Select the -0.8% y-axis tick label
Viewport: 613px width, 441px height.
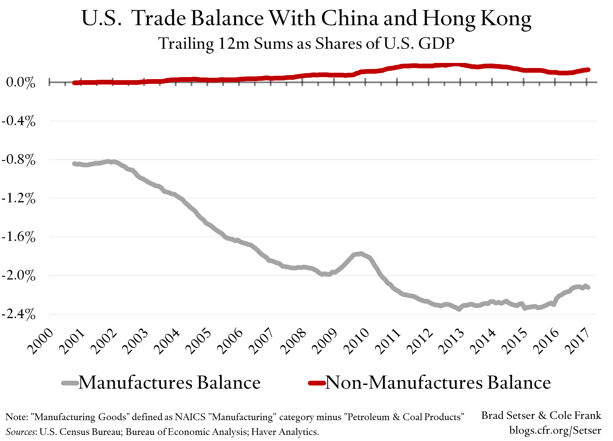19,160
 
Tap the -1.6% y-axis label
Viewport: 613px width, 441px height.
19,237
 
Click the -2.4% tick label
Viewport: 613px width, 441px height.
19,314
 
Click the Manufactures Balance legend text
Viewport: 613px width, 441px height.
169,383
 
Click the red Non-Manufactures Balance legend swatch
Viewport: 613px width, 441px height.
317,383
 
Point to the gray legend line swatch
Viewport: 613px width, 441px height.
70,383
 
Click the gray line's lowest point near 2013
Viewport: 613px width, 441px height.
459,309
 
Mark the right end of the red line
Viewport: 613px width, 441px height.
588,70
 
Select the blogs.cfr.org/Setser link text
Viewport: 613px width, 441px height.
555,430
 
